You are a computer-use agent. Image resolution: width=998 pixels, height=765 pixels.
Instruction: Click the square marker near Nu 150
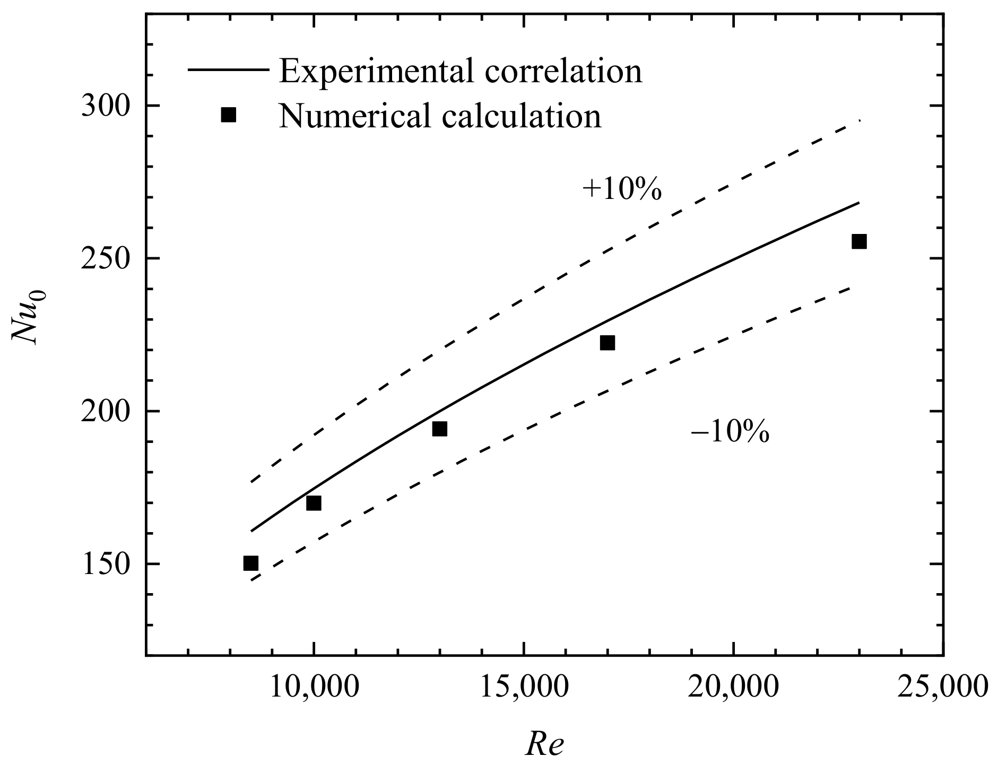pyautogui.click(x=251, y=563)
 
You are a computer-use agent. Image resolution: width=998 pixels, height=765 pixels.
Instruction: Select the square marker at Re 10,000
pyautogui.click(x=314, y=503)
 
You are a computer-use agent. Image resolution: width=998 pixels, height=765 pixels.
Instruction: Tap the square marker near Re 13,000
pyautogui.click(x=439, y=429)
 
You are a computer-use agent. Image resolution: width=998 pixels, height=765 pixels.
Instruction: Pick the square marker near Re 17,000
pyautogui.click(x=608, y=343)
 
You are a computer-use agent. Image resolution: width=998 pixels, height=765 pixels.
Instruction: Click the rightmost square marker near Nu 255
pyautogui.click(x=859, y=241)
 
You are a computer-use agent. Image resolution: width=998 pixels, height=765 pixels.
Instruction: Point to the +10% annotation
pyautogui.click(x=622, y=189)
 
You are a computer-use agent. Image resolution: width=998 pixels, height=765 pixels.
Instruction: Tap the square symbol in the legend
pyautogui.click(x=228, y=115)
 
